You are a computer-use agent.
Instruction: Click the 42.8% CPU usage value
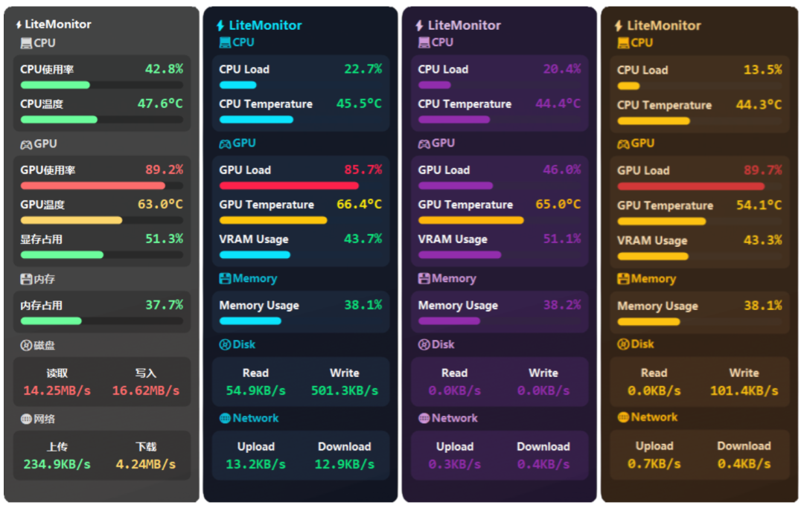click(x=164, y=69)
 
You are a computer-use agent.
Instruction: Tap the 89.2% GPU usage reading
click(x=164, y=170)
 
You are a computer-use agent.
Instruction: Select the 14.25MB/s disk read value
click(x=57, y=390)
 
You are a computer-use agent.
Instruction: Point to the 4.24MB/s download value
click(x=146, y=464)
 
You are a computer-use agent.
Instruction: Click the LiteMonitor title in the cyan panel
click(x=265, y=25)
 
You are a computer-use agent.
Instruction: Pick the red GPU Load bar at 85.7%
click(x=289, y=185)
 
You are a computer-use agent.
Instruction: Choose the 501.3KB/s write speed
click(x=345, y=390)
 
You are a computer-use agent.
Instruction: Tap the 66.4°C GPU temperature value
click(x=359, y=205)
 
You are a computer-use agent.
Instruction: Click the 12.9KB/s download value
click(x=345, y=464)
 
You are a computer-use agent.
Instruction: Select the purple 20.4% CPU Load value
click(x=562, y=69)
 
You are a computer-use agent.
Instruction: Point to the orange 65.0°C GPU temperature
click(x=558, y=205)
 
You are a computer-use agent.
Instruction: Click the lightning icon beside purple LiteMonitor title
click(x=419, y=25)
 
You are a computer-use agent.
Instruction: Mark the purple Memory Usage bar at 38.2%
click(x=449, y=321)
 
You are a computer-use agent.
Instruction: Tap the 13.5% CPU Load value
click(x=762, y=70)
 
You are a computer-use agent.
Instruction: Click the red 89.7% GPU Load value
click(x=762, y=170)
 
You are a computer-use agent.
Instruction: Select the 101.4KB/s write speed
click(x=744, y=390)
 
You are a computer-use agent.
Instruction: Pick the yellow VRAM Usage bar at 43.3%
click(x=653, y=257)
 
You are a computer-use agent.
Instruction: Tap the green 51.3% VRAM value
click(x=164, y=239)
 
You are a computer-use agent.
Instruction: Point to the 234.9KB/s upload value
click(x=57, y=464)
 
